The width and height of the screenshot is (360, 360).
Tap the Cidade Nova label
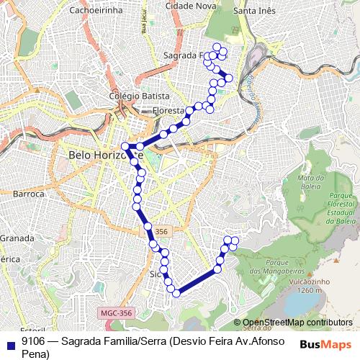pos(190,6)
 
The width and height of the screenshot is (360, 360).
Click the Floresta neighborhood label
pos(170,110)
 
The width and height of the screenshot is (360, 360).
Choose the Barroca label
pos(29,194)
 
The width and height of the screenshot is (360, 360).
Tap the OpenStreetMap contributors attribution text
pos(297,323)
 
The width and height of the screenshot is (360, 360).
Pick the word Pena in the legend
pos(35,354)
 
